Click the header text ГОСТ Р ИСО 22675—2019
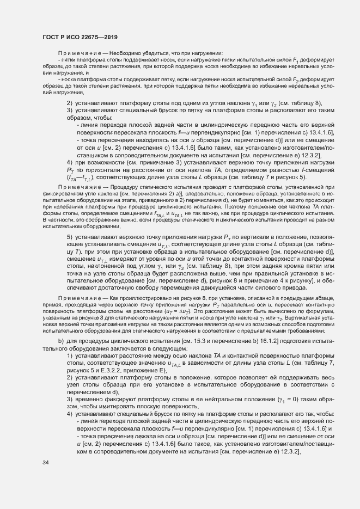coord(80,36)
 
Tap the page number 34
coord(46,463)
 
